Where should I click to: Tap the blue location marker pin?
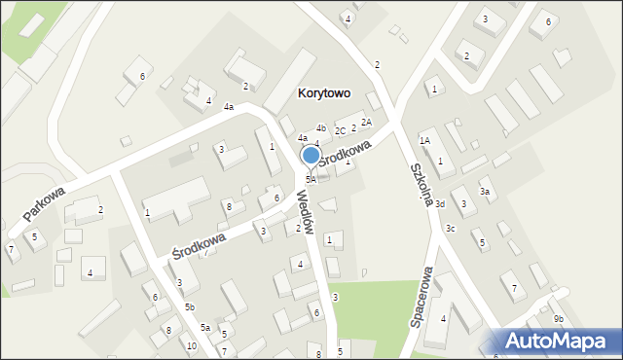[x=311, y=157]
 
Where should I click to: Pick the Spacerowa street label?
[x=421, y=298]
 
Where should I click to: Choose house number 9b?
[x=558, y=319]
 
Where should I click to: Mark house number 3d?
[x=440, y=204]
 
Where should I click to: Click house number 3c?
[x=450, y=228]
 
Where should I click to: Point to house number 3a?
[x=484, y=192]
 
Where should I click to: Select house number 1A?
[x=424, y=140]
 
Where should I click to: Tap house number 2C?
[x=340, y=130]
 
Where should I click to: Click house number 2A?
[x=366, y=122]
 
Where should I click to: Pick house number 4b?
[x=320, y=127]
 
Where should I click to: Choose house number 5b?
[x=189, y=307]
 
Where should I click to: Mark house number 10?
[x=192, y=346]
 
